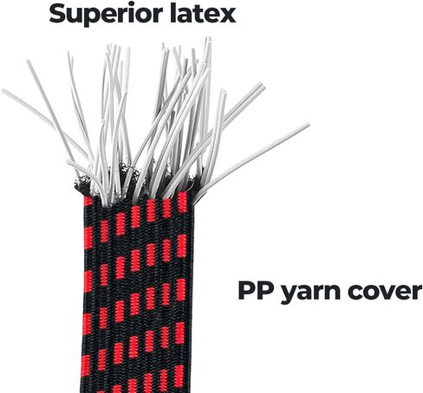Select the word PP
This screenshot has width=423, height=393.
tap(256, 291)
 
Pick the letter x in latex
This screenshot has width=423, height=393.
tap(227, 16)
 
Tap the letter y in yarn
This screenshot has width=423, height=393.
tap(289, 295)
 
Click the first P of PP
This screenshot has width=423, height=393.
tap(246, 291)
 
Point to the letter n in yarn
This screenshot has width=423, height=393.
tap(333, 293)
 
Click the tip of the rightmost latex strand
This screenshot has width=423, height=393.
tap(309, 125)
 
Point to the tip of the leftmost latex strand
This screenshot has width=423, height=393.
tap(3, 90)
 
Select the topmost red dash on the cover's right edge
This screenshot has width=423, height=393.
tap(182, 203)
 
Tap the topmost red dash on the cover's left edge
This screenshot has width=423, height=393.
tap(88, 201)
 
